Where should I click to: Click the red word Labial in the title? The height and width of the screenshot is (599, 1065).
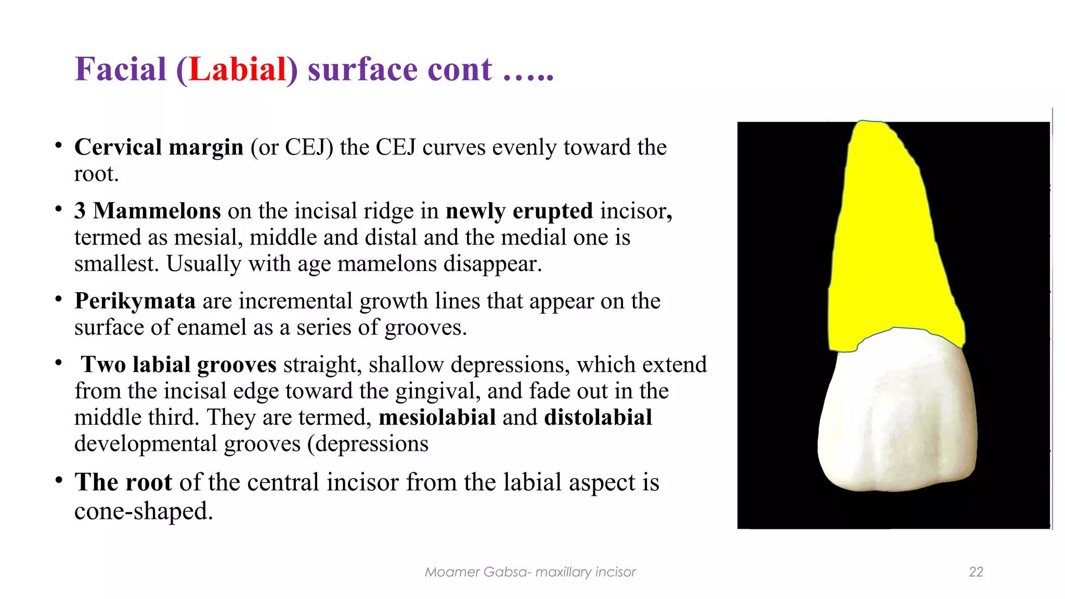pos(237,69)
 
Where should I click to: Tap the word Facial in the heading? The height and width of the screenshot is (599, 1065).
pos(120,69)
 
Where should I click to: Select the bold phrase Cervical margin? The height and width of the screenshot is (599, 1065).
pos(159,147)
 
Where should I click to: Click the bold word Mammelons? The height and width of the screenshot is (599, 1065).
pos(157,211)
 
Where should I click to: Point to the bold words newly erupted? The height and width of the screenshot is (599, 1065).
pos(519,211)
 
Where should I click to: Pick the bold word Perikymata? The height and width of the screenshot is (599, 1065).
pos(135,301)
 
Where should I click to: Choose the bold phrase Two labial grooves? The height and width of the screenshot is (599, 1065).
pos(178,364)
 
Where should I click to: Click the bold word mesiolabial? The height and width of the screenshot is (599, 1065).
pos(437,418)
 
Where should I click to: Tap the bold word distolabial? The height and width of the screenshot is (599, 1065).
pos(598,418)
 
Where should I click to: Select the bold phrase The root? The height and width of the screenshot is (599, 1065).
pos(123,482)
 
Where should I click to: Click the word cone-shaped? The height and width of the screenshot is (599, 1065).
pos(143,511)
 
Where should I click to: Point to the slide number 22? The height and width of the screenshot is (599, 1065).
pos(976,572)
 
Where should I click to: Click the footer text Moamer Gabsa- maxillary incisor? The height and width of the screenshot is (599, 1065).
pos(530,572)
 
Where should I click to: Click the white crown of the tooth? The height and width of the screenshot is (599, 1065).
pos(897,416)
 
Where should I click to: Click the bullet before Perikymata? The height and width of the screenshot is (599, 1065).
pos(59,299)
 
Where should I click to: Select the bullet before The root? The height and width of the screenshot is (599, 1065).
pos(59,480)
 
